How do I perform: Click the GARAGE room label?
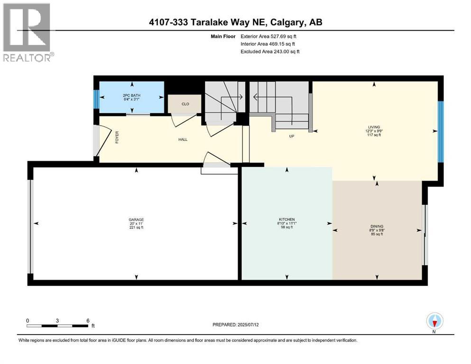(x=136, y=219)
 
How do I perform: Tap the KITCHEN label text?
(x=286, y=219)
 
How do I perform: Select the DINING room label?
(x=377, y=226)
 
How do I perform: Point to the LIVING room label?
(x=374, y=127)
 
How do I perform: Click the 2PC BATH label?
(x=131, y=95)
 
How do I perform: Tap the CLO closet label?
(x=185, y=104)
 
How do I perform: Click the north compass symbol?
(x=434, y=322)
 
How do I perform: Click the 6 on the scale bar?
(x=88, y=320)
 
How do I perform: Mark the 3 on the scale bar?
(x=57, y=320)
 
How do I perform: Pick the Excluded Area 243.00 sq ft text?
(x=270, y=51)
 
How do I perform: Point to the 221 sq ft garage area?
(x=136, y=227)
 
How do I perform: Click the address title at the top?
(x=235, y=22)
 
